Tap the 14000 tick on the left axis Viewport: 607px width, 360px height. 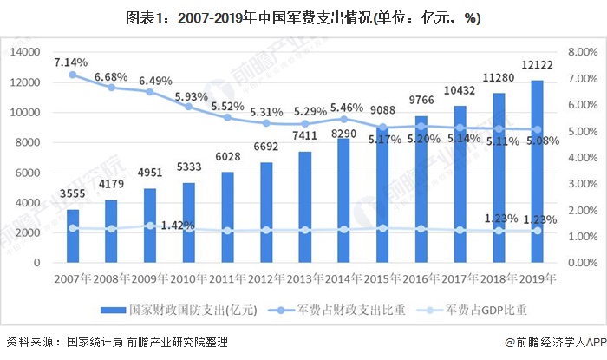(x=26, y=52)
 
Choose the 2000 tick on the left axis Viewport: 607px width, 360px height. (x=29, y=232)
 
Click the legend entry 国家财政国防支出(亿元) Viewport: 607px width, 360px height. (x=173, y=310)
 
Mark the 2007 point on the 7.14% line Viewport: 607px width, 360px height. (x=73, y=75)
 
